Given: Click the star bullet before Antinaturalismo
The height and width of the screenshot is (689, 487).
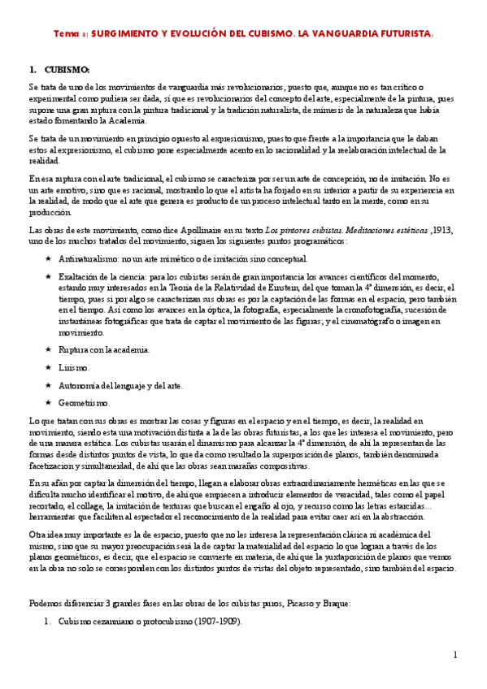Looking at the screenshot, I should [49, 259].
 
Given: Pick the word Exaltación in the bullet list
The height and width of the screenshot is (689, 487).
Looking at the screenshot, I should [79, 277].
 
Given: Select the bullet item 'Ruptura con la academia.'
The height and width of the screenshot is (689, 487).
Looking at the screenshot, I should [103, 349].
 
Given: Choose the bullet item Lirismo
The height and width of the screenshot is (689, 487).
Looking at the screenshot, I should [73, 367].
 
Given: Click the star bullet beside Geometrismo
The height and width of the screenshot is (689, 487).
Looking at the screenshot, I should [49, 403].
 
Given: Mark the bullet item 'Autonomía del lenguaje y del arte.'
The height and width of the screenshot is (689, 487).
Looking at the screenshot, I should [120, 385].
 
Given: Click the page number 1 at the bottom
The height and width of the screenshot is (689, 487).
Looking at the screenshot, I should [455, 654].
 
